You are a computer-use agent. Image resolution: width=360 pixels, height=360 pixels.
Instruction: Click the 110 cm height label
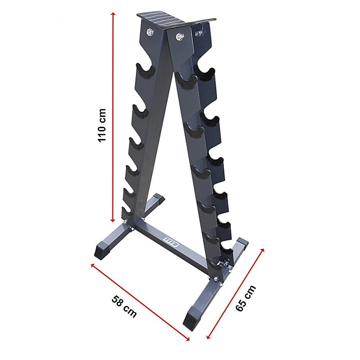(102, 125)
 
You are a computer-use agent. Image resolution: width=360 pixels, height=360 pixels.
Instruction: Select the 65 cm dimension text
(246, 298)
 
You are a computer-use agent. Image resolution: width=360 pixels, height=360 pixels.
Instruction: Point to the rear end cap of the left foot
(159, 199)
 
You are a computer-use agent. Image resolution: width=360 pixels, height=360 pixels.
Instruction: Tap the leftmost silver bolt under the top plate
(149, 32)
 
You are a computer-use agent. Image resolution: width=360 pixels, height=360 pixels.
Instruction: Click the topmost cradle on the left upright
(145, 69)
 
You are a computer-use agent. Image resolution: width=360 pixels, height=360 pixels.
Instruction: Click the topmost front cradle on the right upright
(188, 82)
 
